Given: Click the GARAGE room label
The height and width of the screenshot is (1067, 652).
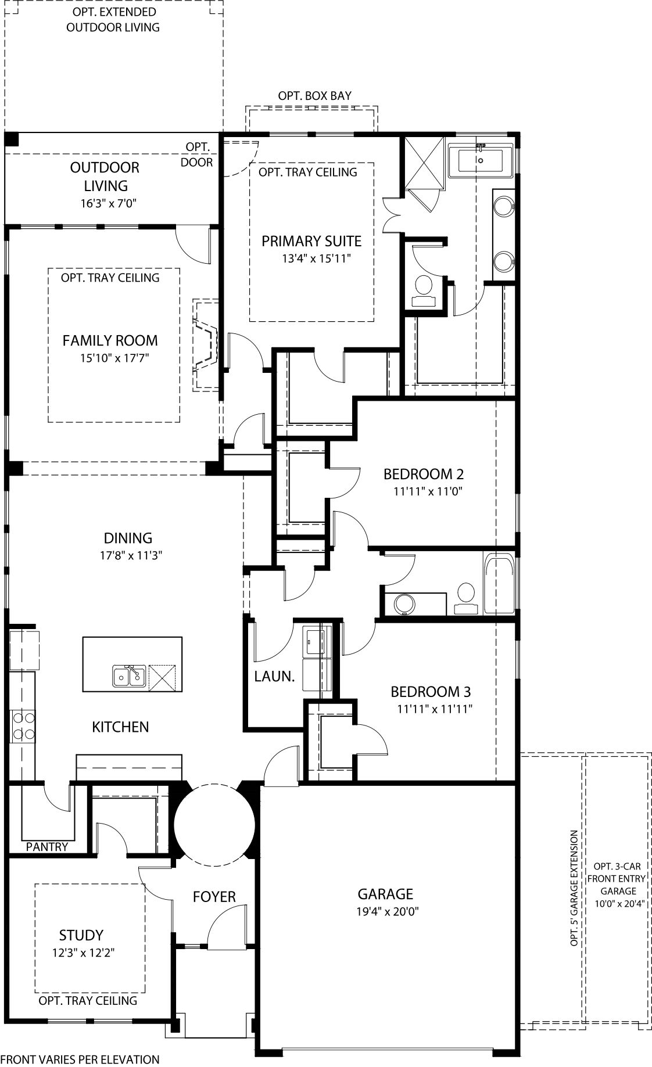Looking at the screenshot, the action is (x=385, y=894).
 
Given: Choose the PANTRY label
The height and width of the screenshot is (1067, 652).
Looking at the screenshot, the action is (x=47, y=847).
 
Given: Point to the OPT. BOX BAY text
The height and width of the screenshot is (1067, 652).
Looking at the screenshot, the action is (x=314, y=96).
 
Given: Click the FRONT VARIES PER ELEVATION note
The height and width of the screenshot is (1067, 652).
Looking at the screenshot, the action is (x=80, y=1059).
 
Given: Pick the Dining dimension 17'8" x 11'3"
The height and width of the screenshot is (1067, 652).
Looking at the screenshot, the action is (x=128, y=555).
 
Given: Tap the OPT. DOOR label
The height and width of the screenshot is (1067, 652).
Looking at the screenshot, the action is (x=198, y=155).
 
